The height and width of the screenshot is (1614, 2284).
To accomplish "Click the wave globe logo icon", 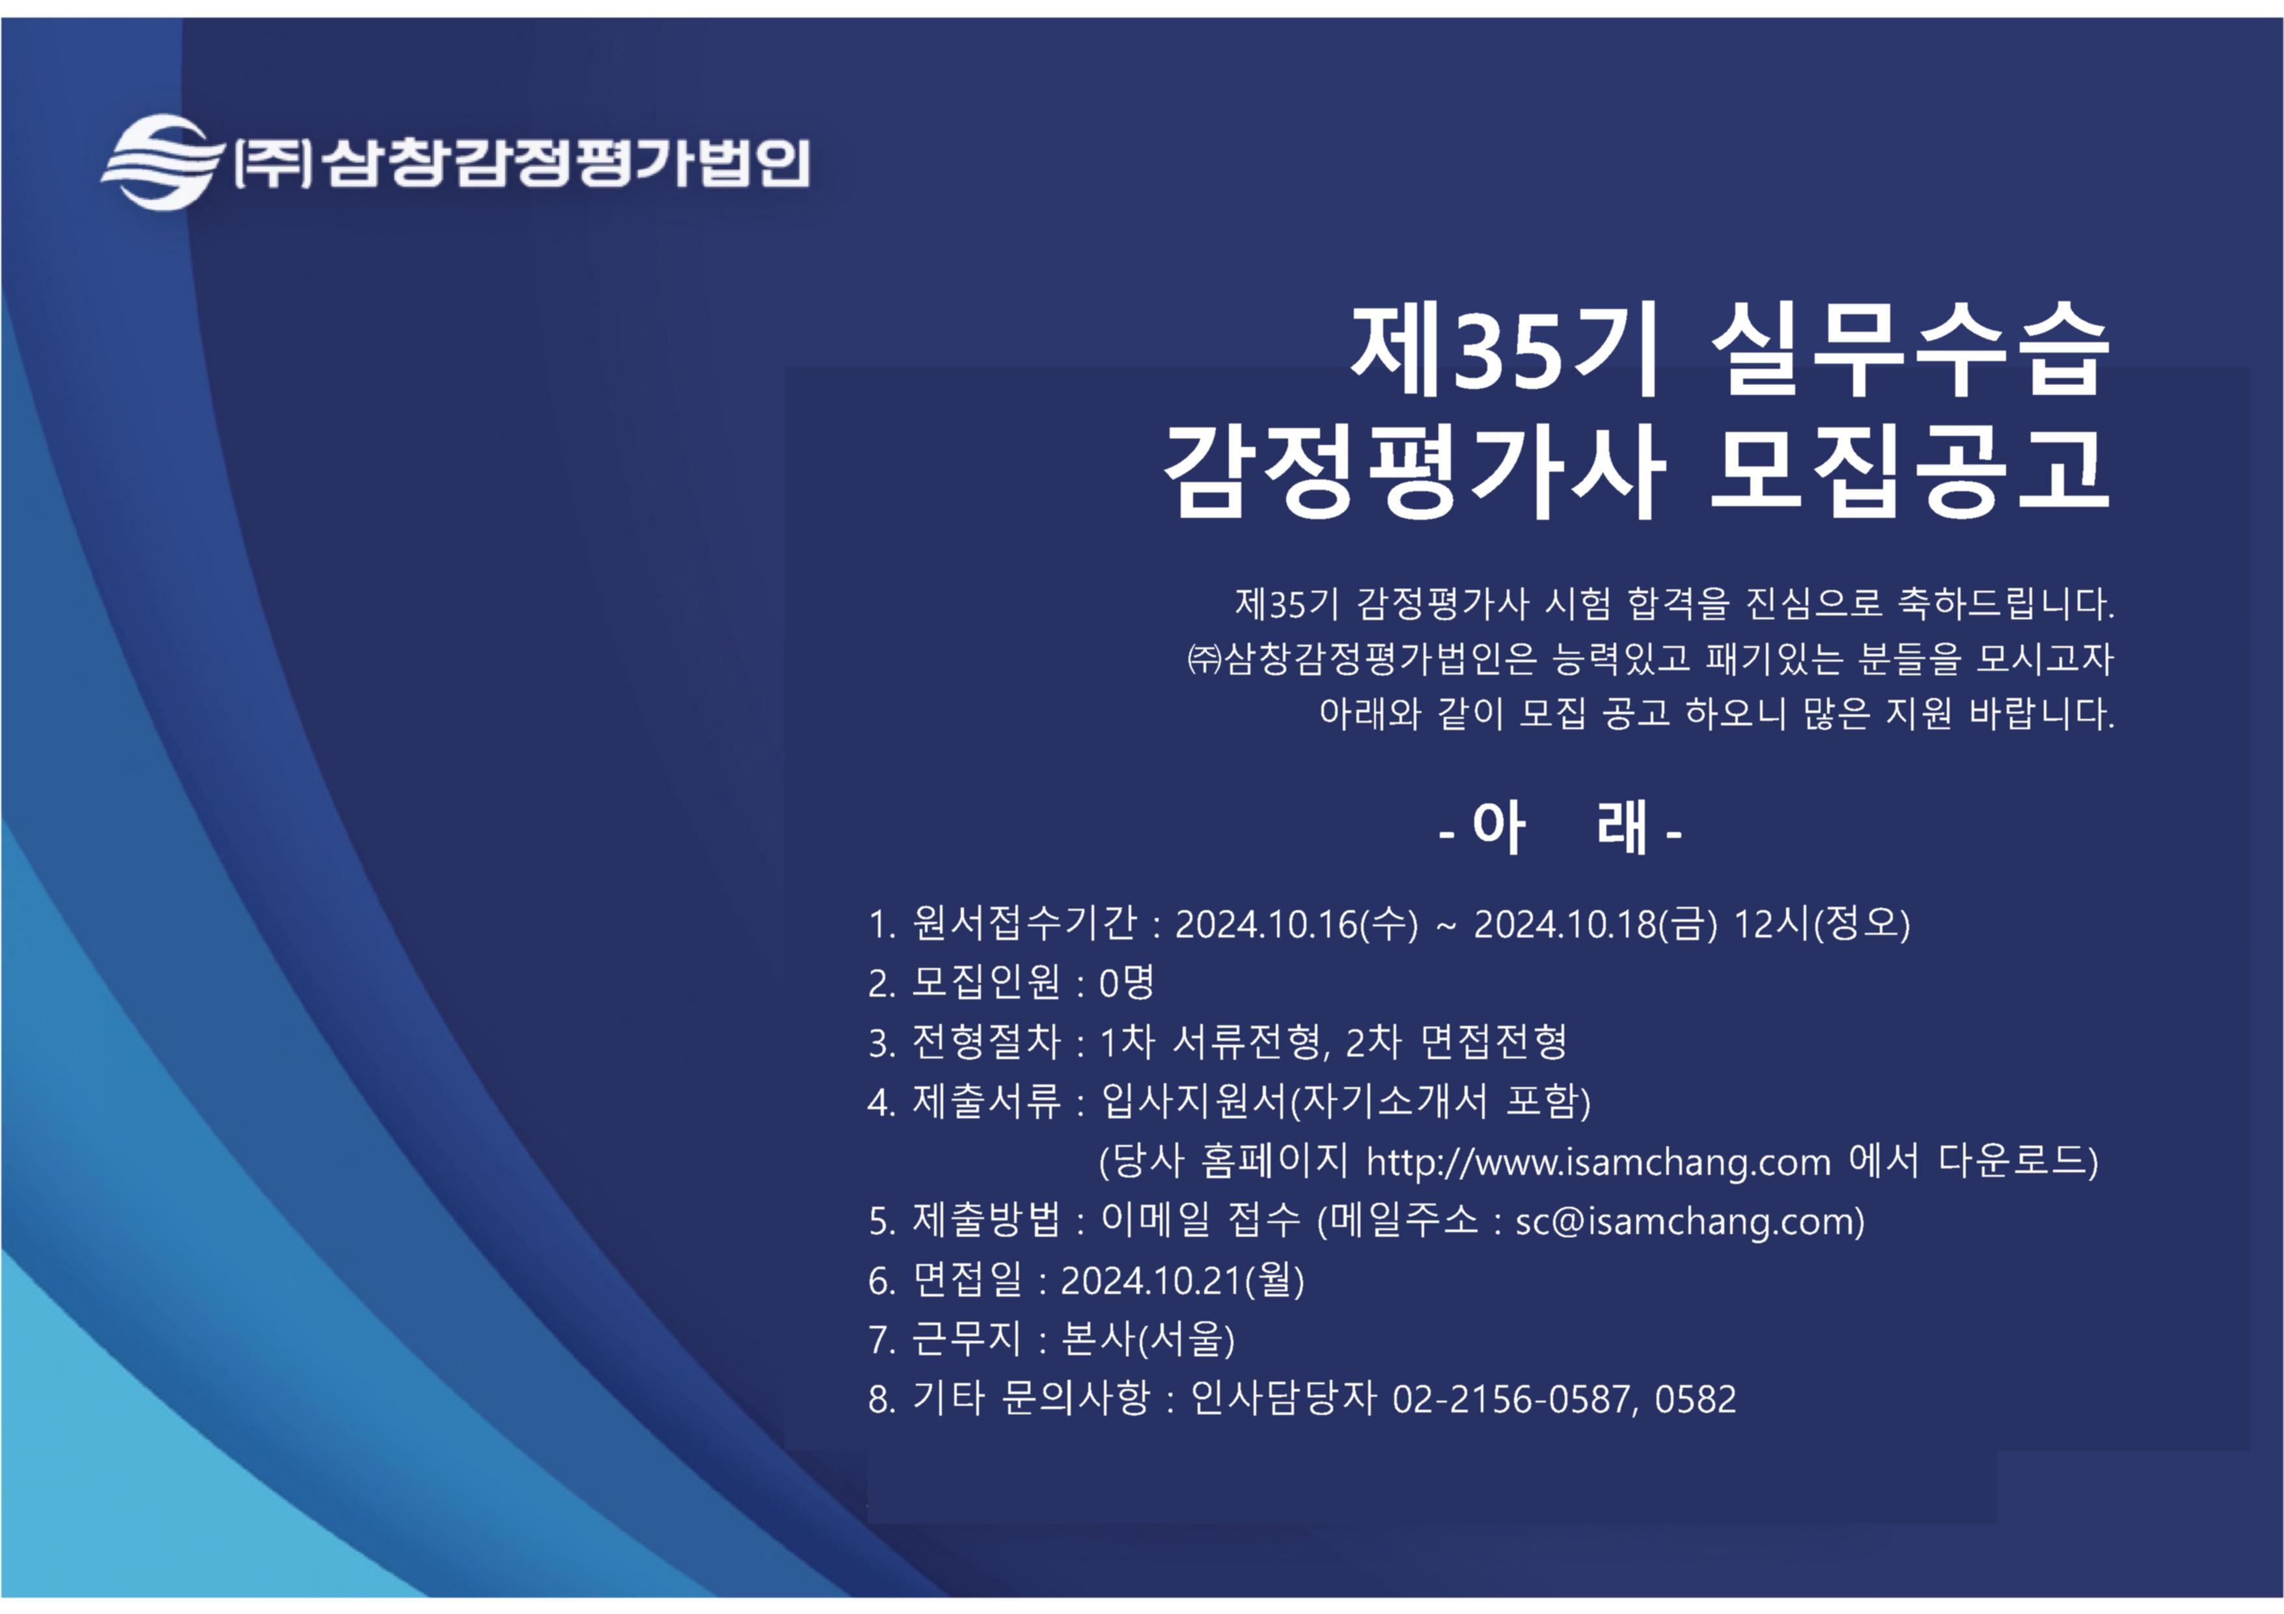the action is pyautogui.click(x=161, y=162).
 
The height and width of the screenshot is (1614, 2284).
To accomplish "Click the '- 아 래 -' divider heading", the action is pyautogui.click(x=1560, y=827).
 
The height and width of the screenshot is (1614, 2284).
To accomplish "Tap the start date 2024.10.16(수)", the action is pyautogui.click(x=1296, y=924).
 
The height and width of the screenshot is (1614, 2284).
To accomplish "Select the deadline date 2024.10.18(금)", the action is pyautogui.click(x=1595, y=924).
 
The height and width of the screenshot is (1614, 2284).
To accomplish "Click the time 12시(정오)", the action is pyautogui.click(x=1821, y=924).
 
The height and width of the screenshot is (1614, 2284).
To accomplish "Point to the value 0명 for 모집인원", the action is pyautogui.click(x=1126, y=982).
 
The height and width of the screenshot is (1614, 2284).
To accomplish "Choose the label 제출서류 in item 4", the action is pyautogui.click(x=986, y=1101).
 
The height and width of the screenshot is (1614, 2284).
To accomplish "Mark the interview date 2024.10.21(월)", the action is pyautogui.click(x=1182, y=1280).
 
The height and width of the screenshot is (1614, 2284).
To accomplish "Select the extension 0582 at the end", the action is pyautogui.click(x=1695, y=1399).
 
